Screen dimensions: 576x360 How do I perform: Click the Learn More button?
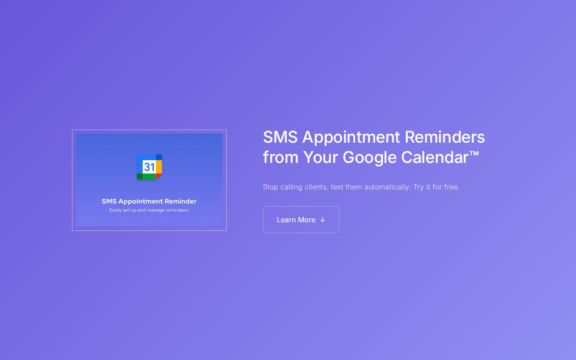(x=301, y=220)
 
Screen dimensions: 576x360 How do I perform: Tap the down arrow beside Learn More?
(x=323, y=220)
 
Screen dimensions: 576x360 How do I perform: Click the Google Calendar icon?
(x=149, y=166)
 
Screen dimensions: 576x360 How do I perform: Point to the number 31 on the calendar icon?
(x=149, y=167)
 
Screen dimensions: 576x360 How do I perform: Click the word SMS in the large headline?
(x=280, y=137)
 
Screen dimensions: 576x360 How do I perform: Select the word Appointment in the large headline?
(x=351, y=138)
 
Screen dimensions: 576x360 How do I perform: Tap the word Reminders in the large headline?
(x=445, y=137)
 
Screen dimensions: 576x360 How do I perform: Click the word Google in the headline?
(x=369, y=157)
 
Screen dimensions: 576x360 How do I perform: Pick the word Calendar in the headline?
(x=435, y=157)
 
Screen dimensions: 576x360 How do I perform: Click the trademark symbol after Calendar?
(x=474, y=153)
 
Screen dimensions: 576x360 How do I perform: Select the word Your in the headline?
(x=320, y=157)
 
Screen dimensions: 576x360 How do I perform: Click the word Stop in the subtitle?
(x=270, y=187)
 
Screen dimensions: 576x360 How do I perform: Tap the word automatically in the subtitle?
(x=387, y=187)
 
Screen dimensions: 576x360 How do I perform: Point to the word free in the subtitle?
(x=451, y=187)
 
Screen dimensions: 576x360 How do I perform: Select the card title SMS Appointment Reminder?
(x=149, y=201)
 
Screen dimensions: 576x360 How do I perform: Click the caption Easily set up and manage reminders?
(x=149, y=210)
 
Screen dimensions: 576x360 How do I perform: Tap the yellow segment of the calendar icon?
(x=159, y=167)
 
